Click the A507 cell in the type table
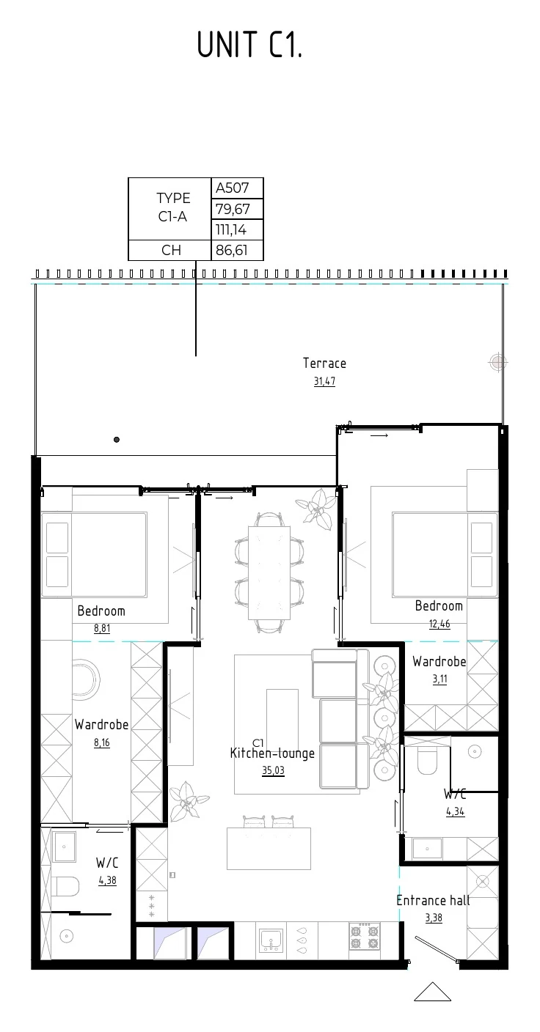tap(237, 188)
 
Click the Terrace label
tap(324, 363)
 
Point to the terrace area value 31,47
tap(324, 381)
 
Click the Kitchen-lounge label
tap(272, 753)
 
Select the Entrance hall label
tap(433, 900)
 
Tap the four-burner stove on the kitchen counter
tap(365, 937)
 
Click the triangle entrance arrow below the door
tap(433, 992)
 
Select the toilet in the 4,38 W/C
tap(65, 885)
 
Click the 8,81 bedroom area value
tap(102, 628)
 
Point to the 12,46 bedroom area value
tap(439, 624)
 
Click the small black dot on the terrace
tap(117, 440)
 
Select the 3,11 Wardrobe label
tap(439, 662)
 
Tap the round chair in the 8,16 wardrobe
tap(87, 680)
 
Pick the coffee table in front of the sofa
tap(282, 712)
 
